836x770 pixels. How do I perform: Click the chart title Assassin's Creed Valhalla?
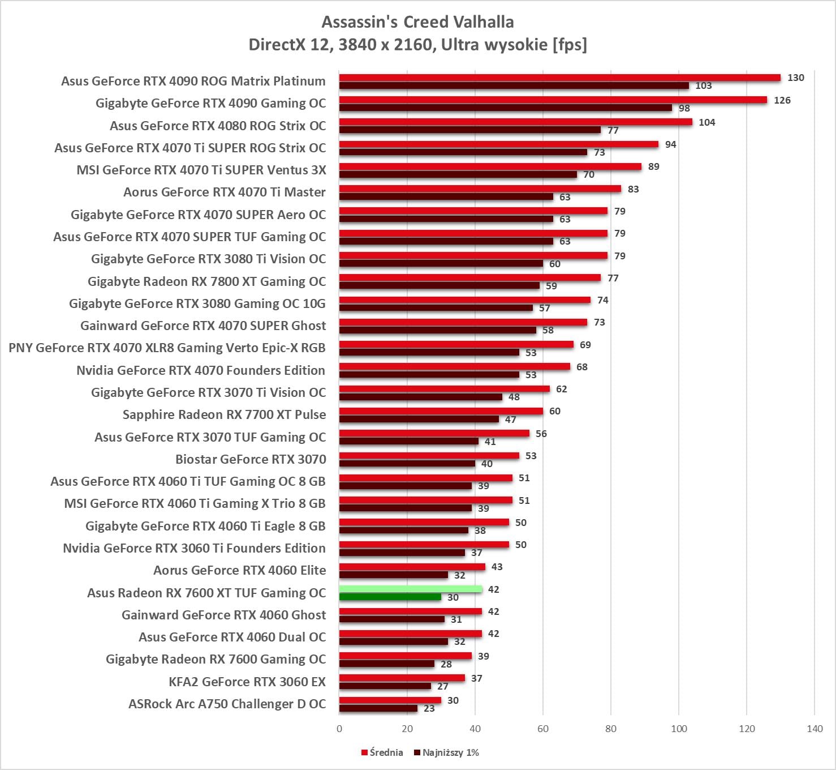click(417, 22)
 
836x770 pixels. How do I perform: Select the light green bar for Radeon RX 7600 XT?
click(411, 589)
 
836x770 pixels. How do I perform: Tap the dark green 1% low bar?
click(390, 597)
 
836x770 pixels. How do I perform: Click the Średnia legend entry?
click(382, 752)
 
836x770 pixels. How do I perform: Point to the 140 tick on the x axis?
click(815, 729)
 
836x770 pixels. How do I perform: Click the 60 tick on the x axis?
click(543, 729)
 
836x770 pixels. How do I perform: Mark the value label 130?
click(795, 78)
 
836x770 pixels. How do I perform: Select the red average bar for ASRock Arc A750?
click(390, 700)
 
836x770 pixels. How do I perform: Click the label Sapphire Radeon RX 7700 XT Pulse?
click(224, 415)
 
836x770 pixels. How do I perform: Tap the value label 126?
click(782, 100)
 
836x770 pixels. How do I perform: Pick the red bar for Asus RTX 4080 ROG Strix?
click(516, 122)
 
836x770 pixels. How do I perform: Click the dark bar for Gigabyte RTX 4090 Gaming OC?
click(506, 108)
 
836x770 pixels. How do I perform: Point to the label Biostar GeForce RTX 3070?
click(251, 459)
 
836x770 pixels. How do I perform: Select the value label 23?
click(429, 708)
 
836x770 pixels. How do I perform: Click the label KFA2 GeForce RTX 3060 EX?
click(247, 682)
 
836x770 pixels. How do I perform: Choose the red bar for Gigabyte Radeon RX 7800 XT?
click(470, 278)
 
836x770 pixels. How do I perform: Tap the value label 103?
click(703, 85)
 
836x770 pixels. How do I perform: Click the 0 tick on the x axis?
click(339, 729)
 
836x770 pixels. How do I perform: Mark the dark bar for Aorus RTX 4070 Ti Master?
click(446, 197)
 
